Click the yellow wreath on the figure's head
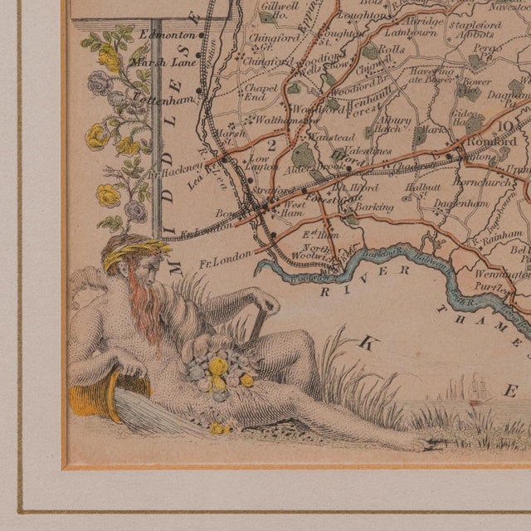(x=137, y=251)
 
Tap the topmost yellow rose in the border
(x=109, y=59)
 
